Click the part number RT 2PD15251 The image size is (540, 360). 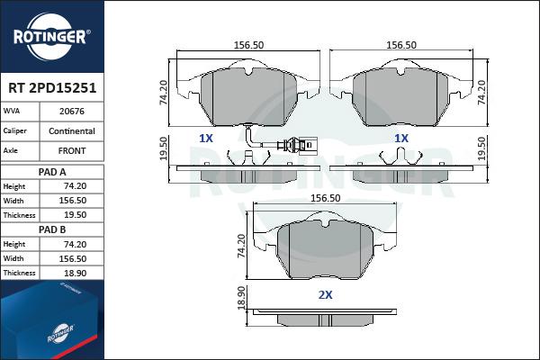click(x=52, y=88)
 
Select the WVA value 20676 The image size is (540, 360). click(x=72, y=112)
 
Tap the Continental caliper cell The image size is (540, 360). click(x=72, y=130)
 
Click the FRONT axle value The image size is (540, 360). click(x=72, y=150)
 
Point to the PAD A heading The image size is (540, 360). click(x=52, y=172)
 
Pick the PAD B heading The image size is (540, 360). click(x=52, y=229)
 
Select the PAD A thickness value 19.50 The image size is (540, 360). click(x=75, y=214)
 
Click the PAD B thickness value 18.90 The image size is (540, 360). click(x=75, y=273)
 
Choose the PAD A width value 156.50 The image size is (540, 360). click(x=72, y=200)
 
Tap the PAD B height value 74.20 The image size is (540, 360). click(x=75, y=244)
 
